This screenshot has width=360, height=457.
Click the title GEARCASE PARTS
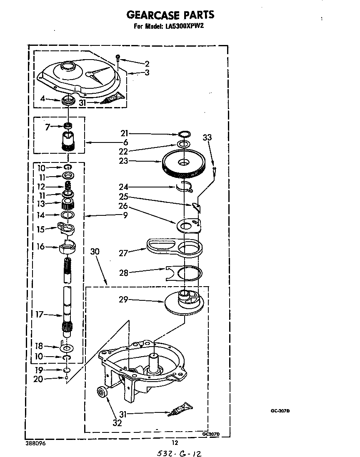[x=170, y=15]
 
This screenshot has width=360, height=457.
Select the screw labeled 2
[x=118, y=58]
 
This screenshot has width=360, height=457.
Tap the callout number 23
[x=124, y=161]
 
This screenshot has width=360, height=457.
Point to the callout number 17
[x=39, y=314]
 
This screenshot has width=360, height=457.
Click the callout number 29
[x=123, y=300]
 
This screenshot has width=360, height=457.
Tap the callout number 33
[x=207, y=137]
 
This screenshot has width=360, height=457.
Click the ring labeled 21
[x=184, y=134]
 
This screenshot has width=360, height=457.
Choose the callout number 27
[x=123, y=253]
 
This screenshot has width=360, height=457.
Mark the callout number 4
[x=43, y=99]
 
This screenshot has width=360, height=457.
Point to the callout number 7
[x=47, y=127]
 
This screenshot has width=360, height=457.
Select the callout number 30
[x=95, y=252]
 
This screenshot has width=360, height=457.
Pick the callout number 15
[x=41, y=230]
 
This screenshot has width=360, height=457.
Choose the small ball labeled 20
[x=67, y=378]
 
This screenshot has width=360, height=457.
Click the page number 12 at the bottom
[x=175, y=443]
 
